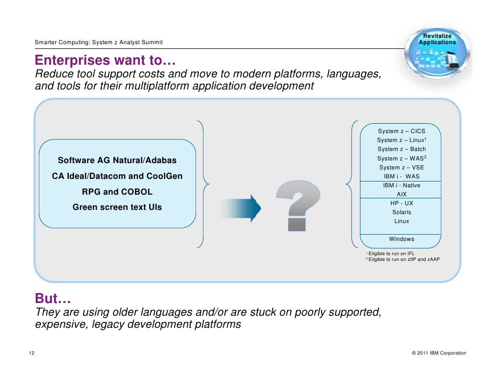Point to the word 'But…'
pos(53,299)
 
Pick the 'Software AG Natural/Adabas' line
pos(117,160)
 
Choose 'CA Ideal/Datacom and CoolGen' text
pos(117,176)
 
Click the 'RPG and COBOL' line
pos(117,191)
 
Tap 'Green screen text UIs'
pos(117,207)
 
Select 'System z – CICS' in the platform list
pos(401,131)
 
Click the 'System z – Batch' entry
pos(401,149)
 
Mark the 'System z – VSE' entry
pos(401,167)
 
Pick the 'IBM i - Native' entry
pos(401,185)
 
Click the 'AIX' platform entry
pos(401,194)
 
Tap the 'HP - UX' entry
pos(401,203)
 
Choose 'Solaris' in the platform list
pos(401,212)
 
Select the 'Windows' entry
pos(401,239)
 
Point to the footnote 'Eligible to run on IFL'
pos(391,254)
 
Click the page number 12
pos(32,352)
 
